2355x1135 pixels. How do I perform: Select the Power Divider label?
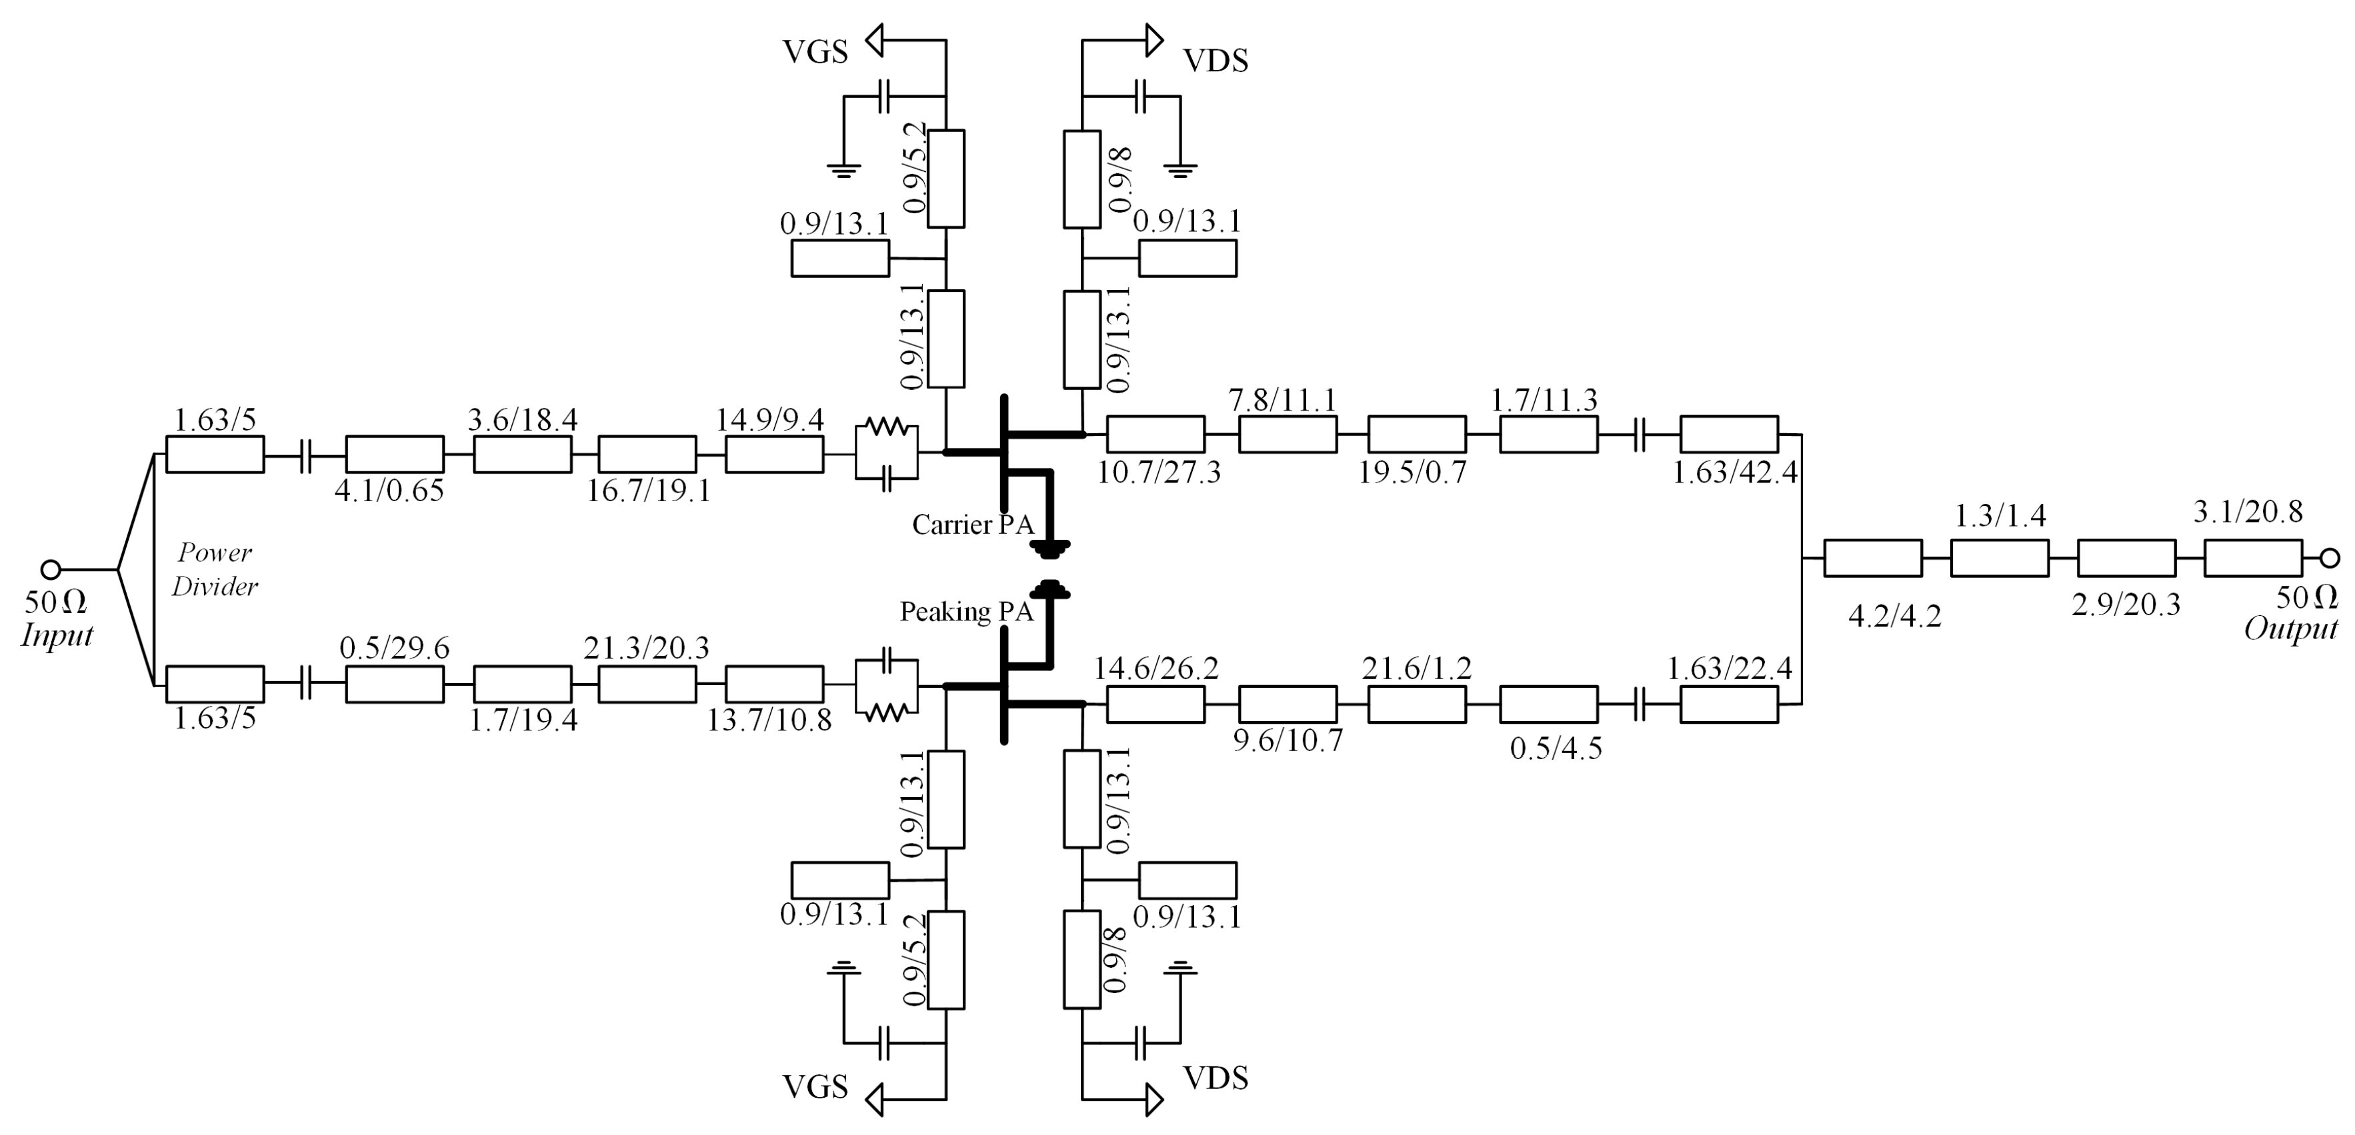pyautogui.click(x=215, y=569)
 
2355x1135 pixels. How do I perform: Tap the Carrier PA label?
pyautogui.click(x=973, y=525)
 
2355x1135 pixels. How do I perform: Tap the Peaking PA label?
pyautogui.click(x=966, y=611)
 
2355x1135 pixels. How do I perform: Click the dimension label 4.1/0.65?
pyautogui.click(x=389, y=491)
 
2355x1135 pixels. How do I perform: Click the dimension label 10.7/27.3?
pyautogui.click(x=1158, y=473)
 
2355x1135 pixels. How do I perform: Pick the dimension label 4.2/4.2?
pyautogui.click(x=1894, y=616)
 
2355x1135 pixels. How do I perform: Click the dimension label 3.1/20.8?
pyautogui.click(x=2248, y=512)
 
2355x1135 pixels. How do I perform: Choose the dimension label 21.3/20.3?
pyautogui.click(x=646, y=648)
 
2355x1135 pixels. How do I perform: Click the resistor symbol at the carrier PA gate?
pyautogui.click(x=885, y=427)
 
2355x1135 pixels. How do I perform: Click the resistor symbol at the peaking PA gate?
pyautogui.click(x=885, y=711)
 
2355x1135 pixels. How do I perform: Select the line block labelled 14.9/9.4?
pyautogui.click(x=774, y=454)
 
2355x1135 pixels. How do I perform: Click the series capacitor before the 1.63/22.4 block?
pyautogui.click(x=1639, y=704)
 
